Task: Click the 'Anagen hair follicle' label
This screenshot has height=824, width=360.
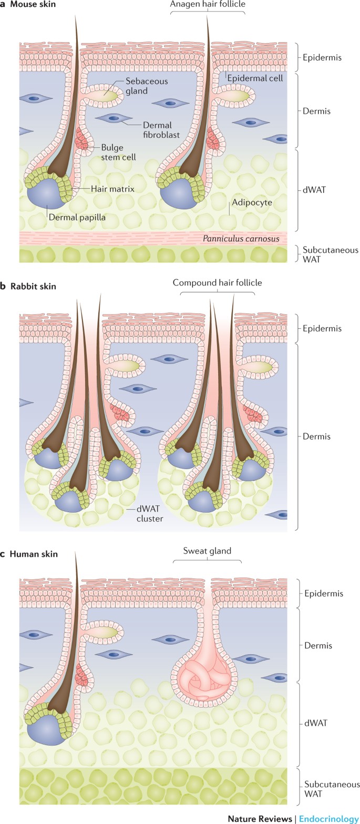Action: pos(208,4)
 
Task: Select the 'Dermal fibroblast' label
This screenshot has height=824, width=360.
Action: pos(161,130)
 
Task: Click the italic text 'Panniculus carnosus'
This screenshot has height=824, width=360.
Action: pos(241,239)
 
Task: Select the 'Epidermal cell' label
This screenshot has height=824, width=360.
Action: pos(254,78)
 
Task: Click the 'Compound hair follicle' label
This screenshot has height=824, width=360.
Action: pos(217,283)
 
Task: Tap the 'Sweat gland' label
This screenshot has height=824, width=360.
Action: pos(207,551)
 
